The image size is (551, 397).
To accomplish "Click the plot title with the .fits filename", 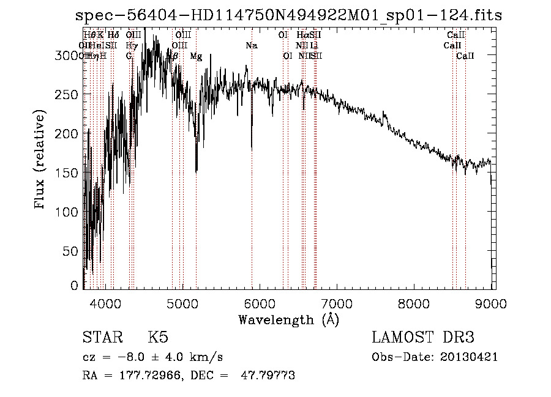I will click(288, 15).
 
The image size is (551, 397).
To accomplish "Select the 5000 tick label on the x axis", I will click(182, 303).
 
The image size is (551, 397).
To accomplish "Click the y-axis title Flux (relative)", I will click(40, 160).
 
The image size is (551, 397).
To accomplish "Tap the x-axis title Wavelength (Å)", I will click(288, 319).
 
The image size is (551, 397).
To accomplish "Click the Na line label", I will click(252, 46).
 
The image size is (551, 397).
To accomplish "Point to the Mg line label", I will click(196, 56).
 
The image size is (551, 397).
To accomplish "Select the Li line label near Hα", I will click(314, 46).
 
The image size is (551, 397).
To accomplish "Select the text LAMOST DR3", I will click(422, 338).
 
